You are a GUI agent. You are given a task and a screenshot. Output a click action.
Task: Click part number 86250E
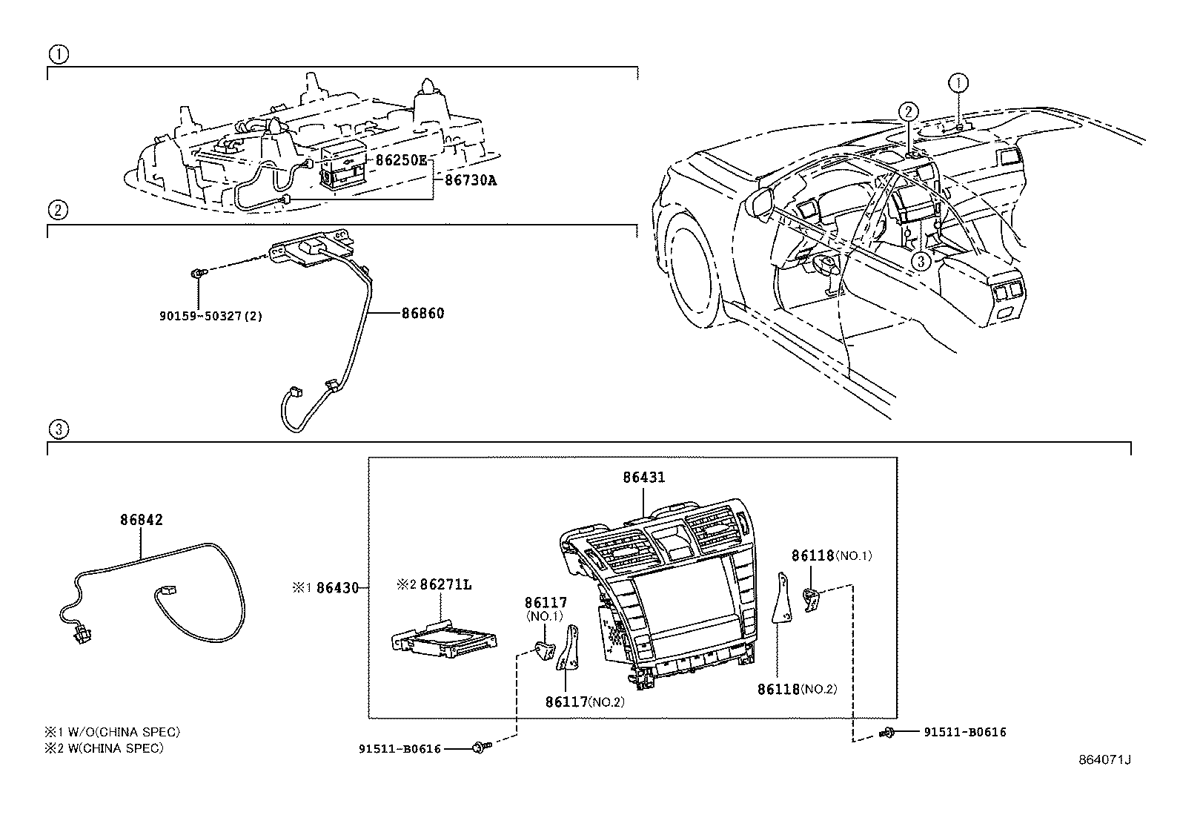point(401,159)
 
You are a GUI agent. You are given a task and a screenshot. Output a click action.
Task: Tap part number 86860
point(422,314)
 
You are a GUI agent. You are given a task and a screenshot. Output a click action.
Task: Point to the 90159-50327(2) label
point(211,316)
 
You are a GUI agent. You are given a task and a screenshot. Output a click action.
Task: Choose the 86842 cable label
point(142,520)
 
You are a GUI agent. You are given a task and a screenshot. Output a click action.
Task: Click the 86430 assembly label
point(337,588)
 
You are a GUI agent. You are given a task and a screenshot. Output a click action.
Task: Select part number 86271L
point(445,584)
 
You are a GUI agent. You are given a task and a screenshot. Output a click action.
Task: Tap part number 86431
point(644,478)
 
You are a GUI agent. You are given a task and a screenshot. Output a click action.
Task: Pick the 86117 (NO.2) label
point(585,701)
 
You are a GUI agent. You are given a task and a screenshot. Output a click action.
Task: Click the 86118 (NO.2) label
point(797,689)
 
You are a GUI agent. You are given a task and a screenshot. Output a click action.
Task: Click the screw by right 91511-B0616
point(888,733)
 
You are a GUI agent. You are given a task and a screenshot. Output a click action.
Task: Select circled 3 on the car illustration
point(921,261)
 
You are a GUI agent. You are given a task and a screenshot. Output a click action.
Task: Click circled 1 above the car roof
point(960,82)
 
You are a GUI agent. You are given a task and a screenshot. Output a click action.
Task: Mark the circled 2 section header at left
point(59,210)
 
